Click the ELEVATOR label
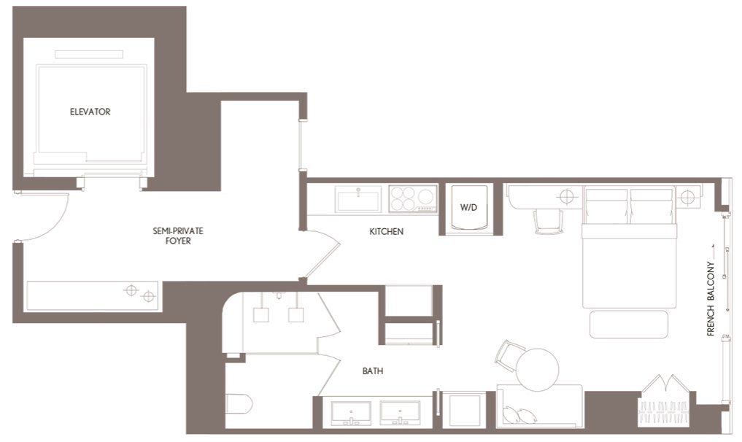coord(90,112)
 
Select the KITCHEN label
coord(386,232)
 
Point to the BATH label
coord(373,371)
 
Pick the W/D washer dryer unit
coord(468,209)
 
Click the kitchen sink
coord(358,199)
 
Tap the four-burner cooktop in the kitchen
coord(412,198)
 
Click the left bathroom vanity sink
coord(351,413)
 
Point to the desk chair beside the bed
coord(548,221)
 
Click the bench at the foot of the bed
coord(628,324)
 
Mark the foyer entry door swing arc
coord(51,222)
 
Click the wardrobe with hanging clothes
coord(664,402)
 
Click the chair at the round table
coord(508,352)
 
